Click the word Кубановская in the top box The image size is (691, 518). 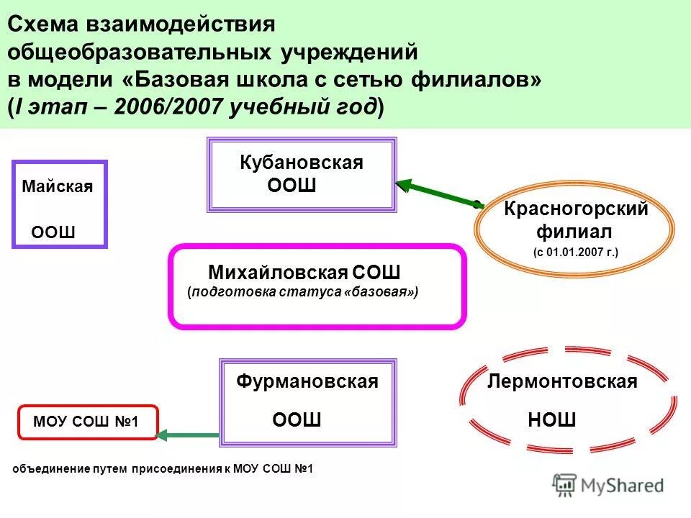point(301,163)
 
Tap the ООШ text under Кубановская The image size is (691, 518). point(292,186)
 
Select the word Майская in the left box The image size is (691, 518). point(58,187)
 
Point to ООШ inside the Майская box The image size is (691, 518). point(53,232)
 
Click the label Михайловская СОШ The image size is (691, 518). point(304,273)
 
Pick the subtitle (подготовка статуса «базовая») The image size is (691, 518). point(302,293)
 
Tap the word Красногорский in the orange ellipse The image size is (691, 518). point(576,209)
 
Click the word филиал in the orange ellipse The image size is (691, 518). point(574,232)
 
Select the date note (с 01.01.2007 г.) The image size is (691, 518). point(575,253)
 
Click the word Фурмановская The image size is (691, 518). point(307,382)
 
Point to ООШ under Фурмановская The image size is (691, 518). point(297,420)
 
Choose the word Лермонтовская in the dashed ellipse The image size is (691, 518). point(562,382)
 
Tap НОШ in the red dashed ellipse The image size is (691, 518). point(552,420)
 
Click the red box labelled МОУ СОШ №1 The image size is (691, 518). point(86,422)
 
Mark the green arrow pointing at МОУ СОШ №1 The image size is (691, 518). point(188,435)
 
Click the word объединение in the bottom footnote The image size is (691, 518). point(50,469)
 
